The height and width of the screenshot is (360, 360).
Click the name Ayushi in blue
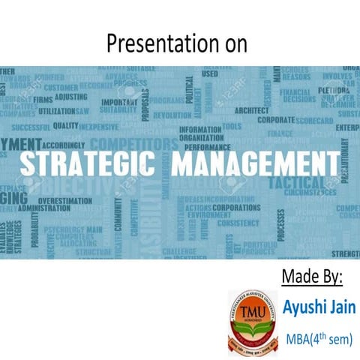click(304, 307)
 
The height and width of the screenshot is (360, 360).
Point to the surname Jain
click(342, 307)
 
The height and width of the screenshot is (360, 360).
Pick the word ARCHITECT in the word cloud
click(252, 110)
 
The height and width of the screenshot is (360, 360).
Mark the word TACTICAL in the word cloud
click(298, 182)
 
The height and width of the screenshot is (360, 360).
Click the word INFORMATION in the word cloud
click(200, 130)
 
